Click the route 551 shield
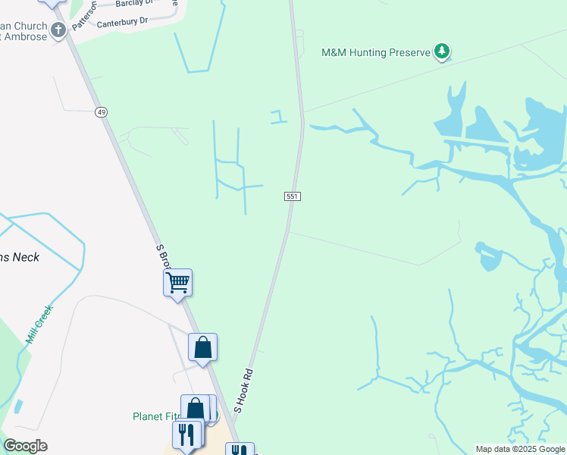pyautogui.click(x=293, y=196)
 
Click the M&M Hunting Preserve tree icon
pyautogui.click(x=442, y=52)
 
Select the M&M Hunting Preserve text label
pyautogui.click(x=375, y=53)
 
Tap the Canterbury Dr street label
pyautogui.click(x=123, y=22)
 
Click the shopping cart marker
pyautogui.click(x=178, y=284)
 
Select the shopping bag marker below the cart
pyautogui.click(x=203, y=348)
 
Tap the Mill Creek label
pyautogui.click(x=39, y=325)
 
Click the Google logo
pyautogui.click(x=25, y=446)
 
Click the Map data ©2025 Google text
pyautogui.click(x=519, y=449)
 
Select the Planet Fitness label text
pyautogui.click(x=155, y=416)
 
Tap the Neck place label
pyautogui.click(x=23, y=257)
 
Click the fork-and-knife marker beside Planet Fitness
pyautogui.click(x=186, y=435)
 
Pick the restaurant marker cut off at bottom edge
pyautogui.click(x=240, y=450)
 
